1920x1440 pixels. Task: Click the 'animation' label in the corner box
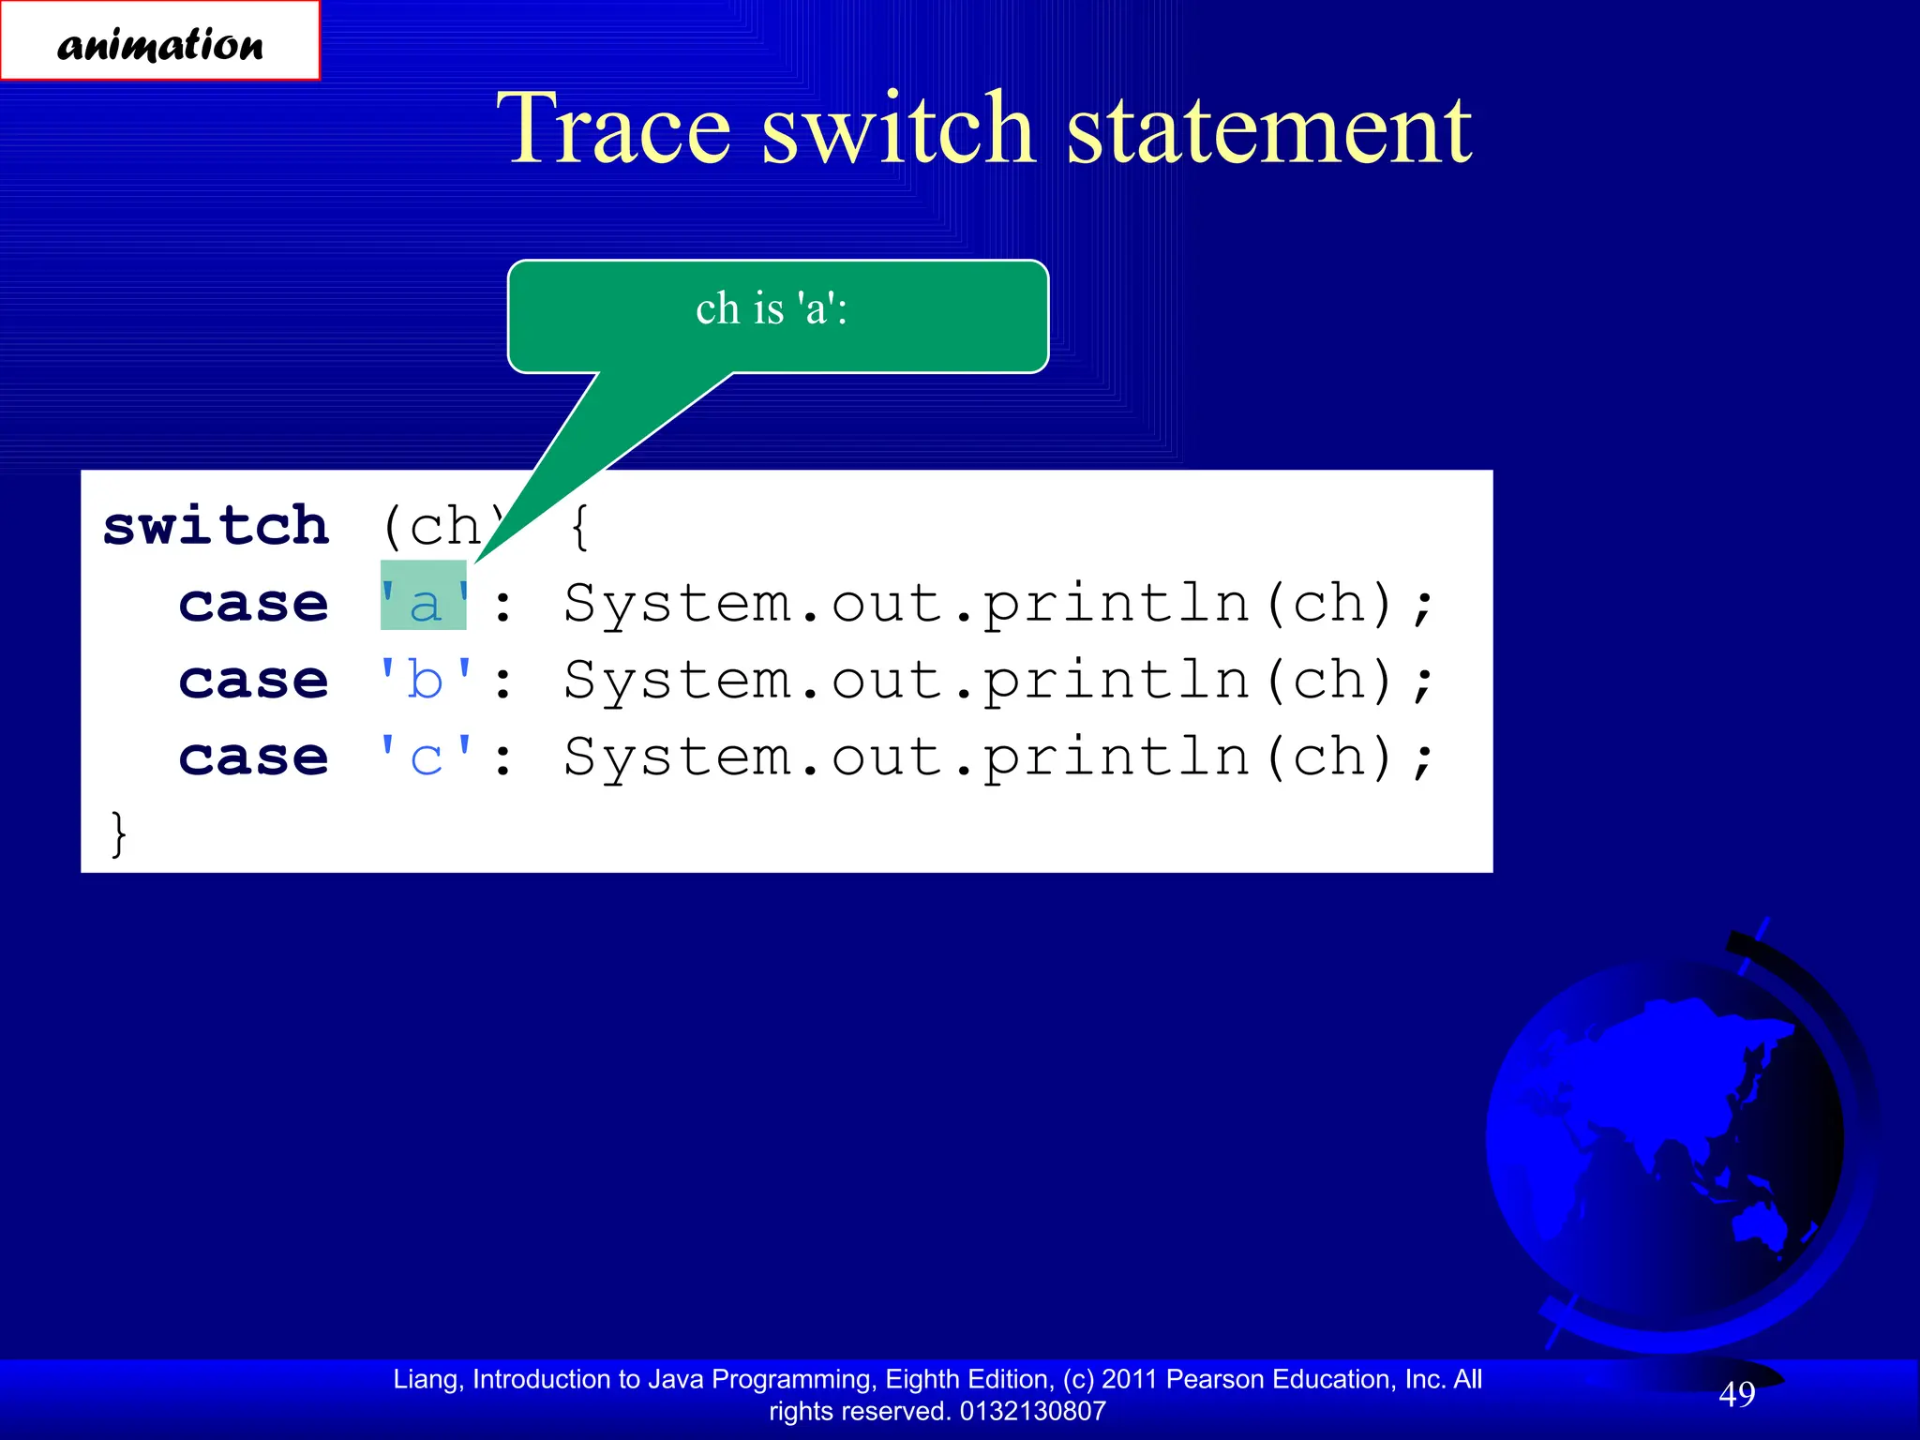pos(160,43)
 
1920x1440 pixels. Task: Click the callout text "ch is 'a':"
pos(771,308)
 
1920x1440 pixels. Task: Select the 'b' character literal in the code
pos(425,680)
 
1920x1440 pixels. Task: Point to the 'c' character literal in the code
pos(425,757)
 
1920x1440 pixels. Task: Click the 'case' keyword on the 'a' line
pos(253,603)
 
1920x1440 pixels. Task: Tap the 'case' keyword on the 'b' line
pos(253,680)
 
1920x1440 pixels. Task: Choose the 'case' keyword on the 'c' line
pos(253,757)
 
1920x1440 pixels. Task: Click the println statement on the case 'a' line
pos(998,603)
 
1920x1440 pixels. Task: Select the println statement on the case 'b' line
pos(998,680)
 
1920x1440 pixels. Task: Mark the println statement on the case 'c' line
pos(998,757)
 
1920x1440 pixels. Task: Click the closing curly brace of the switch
pos(118,832)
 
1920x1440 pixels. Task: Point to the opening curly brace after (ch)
pos(580,527)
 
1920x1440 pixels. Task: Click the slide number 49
pos(1736,1394)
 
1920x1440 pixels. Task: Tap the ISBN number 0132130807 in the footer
pos(1032,1411)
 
